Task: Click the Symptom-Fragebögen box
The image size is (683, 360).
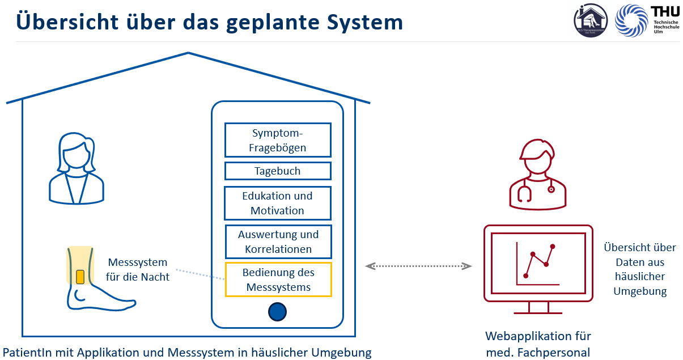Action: [x=278, y=141]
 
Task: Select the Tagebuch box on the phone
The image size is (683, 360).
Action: [x=278, y=171]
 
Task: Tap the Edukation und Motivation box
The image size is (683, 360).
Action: [x=278, y=203]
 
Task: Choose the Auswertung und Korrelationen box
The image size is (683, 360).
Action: [x=278, y=242]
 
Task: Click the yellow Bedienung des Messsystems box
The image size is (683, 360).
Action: [x=278, y=279]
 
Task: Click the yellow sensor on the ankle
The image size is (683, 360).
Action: [x=80, y=277]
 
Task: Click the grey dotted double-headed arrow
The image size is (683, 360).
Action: [x=419, y=266]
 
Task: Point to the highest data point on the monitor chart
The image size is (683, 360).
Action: [x=553, y=247]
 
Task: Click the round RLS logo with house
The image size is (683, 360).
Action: [x=591, y=21]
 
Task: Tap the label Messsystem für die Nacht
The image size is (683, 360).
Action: [x=138, y=270]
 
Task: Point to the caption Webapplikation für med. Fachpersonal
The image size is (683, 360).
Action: [x=538, y=344]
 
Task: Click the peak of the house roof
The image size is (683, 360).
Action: [x=188, y=53]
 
